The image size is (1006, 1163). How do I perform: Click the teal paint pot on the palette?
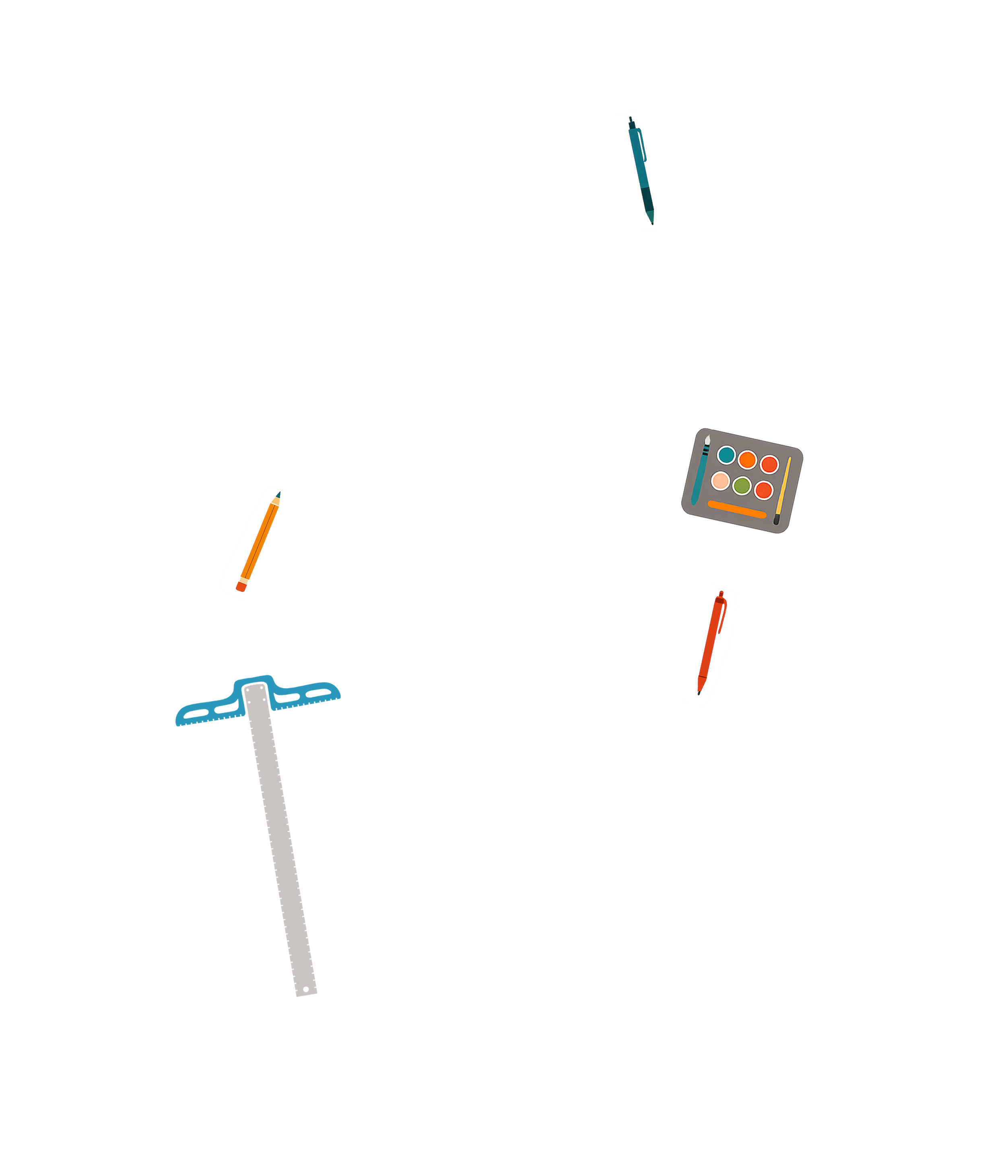pos(726,455)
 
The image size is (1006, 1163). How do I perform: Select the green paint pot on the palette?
pos(742,486)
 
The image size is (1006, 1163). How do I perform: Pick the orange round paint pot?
pos(748,460)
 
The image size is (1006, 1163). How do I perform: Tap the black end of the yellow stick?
pos(776,520)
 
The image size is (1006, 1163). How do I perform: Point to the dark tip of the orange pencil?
pos(278,494)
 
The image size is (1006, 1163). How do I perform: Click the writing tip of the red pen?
pos(699,693)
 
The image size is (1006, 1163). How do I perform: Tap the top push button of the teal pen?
pos(630,119)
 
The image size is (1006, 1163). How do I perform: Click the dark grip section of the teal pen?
pos(647,199)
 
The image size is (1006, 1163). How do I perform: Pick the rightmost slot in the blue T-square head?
pos(318,694)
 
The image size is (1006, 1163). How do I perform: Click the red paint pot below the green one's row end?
pos(764,490)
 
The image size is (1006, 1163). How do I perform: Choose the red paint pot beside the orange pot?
pos(769,464)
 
